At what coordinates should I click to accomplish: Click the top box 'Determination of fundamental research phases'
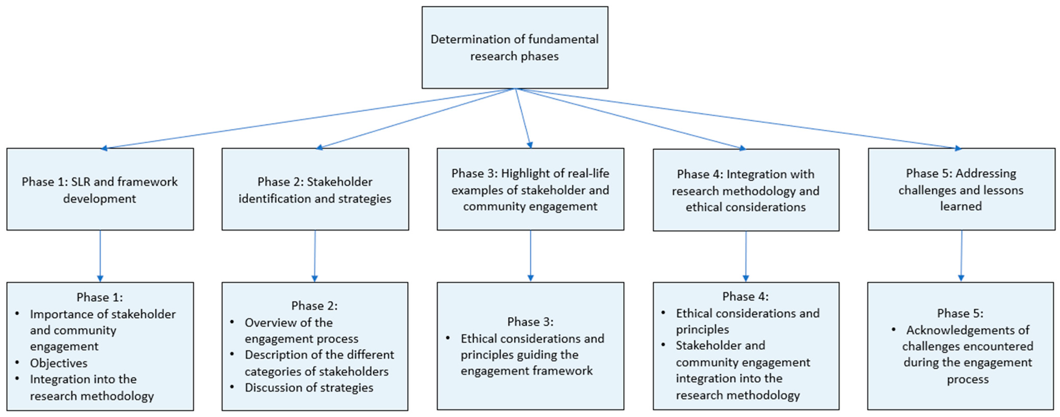(515, 47)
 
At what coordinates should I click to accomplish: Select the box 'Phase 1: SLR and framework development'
(100, 190)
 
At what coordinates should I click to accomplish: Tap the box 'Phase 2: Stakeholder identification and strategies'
(315, 190)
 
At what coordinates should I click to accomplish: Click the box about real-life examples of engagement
(531, 190)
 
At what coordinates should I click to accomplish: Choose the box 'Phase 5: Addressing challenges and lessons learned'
(961, 190)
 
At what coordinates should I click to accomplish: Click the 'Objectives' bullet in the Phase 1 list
(59, 363)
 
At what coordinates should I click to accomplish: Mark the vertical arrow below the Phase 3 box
(531, 256)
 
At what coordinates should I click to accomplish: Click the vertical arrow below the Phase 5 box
(961, 256)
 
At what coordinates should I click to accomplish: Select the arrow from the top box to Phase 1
(309, 118)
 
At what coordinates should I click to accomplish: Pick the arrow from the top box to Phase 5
(737, 118)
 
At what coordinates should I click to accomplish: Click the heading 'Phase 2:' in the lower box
(314, 306)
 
